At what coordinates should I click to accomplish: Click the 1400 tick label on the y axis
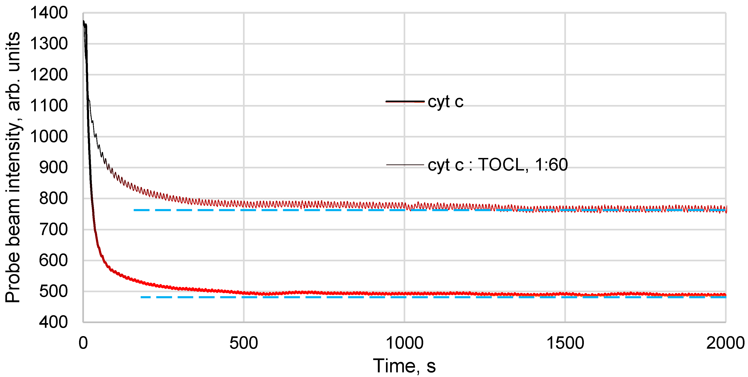49,13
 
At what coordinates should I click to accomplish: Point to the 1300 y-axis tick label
49,44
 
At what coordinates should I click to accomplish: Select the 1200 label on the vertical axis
49,75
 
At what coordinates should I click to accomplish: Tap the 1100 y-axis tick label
49,106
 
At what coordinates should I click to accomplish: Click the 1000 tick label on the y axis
49,137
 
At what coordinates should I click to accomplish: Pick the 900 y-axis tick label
53,168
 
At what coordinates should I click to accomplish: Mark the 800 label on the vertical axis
53,199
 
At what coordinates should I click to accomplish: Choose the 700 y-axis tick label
53,230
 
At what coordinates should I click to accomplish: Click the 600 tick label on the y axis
53,261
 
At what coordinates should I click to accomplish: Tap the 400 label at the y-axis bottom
53,322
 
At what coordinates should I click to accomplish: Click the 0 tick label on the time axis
83,343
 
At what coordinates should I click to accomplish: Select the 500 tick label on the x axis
244,343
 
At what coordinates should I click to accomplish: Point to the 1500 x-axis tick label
565,343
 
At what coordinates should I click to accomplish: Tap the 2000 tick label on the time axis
725,343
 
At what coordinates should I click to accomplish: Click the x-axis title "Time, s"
404,366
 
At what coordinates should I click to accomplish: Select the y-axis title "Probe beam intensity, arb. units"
13,168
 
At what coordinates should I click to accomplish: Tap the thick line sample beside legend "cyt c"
405,102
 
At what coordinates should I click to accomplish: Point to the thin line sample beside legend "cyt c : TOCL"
405,165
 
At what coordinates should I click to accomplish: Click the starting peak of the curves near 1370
84,22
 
